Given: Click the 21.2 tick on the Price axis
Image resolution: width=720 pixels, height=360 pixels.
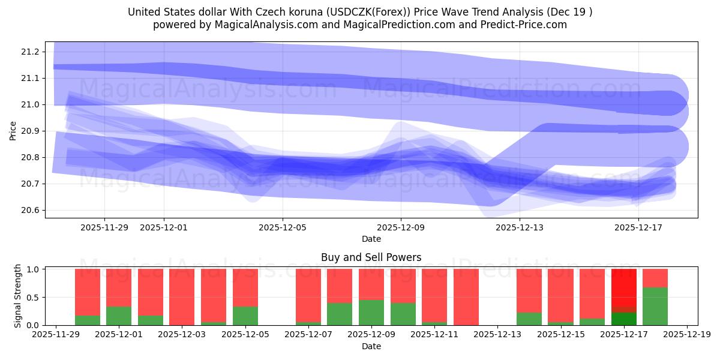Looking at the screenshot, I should [30, 52].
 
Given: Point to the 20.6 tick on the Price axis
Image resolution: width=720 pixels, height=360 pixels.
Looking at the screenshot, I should [30, 210].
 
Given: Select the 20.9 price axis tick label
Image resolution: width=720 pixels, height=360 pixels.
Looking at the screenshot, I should [30, 131].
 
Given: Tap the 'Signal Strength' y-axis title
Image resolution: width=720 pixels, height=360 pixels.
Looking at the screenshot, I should [18, 296].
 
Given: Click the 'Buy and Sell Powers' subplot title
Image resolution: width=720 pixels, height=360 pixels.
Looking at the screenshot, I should [371, 257].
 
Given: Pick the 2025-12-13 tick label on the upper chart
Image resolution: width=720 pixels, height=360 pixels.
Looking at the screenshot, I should [520, 227].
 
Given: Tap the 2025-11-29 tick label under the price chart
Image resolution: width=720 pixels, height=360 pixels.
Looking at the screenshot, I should [104, 227].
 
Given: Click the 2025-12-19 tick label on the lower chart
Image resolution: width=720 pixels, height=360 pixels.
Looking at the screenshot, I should [686, 335].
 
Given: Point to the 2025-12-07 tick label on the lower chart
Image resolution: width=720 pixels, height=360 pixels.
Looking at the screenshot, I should [308, 335].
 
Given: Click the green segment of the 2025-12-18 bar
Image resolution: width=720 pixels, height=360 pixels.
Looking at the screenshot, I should [655, 306].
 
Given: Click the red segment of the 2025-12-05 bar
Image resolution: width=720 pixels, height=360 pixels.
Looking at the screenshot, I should [245, 287].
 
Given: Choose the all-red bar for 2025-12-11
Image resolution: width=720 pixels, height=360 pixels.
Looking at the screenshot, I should [466, 297].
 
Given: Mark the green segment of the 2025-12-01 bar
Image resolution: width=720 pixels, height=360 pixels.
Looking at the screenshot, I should [118, 316].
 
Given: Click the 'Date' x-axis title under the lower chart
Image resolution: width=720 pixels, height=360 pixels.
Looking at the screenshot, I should [371, 346].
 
